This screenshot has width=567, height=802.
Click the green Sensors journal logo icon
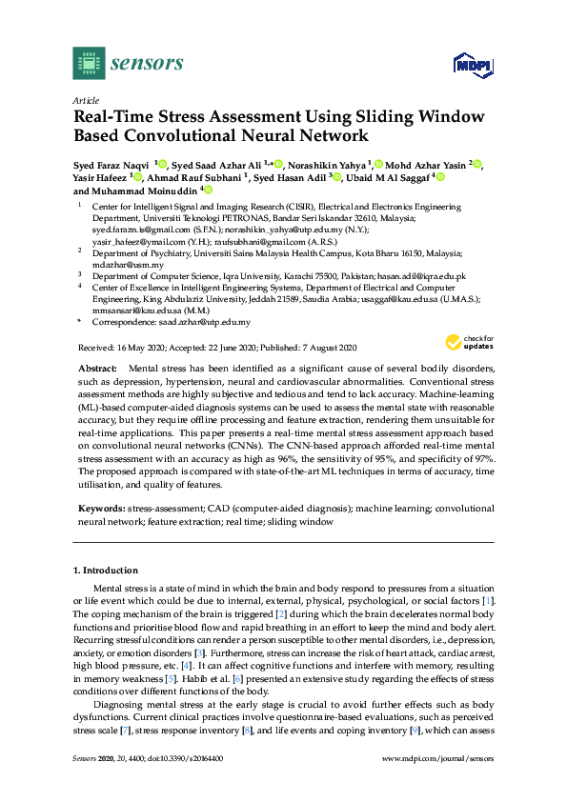click(89, 62)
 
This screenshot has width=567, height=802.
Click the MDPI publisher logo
click(467, 66)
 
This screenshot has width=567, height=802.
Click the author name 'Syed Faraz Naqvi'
click(112, 165)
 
